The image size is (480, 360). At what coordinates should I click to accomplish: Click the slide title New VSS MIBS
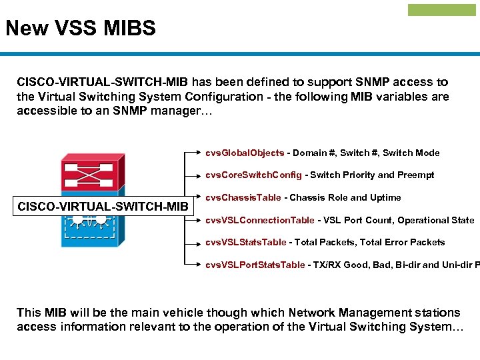click(x=81, y=29)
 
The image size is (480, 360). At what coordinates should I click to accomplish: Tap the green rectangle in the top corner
click(x=442, y=10)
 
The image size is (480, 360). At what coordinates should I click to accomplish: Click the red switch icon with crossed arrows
click(x=89, y=174)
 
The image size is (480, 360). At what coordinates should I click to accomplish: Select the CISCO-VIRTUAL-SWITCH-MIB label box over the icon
click(x=103, y=207)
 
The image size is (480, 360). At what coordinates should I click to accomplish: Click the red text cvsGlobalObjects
click(x=245, y=153)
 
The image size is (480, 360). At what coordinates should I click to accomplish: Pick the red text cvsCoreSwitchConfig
click(x=253, y=175)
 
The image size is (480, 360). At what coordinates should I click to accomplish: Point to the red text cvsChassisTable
click(x=243, y=198)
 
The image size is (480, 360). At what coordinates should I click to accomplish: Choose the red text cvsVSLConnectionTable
click(x=259, y=221)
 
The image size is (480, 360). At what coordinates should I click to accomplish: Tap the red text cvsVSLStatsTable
click(x=245, y=243)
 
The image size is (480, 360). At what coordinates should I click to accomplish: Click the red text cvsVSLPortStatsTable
click(x=255, y=265)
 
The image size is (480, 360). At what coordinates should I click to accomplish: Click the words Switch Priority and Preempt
click(x=372, y=175)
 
